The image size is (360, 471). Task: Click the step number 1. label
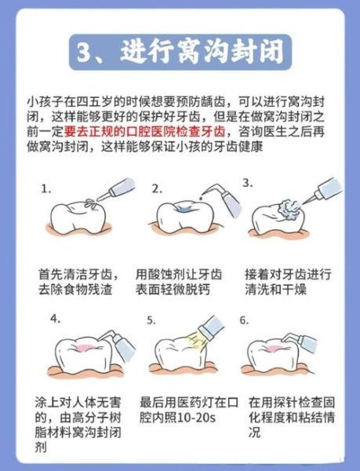click(46, 189)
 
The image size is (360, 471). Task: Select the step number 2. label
click(157, 188)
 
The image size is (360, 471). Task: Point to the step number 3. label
click(248, 183)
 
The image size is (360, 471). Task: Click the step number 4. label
click(54, 319)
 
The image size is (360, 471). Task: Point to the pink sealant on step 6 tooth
click(273, 345)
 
